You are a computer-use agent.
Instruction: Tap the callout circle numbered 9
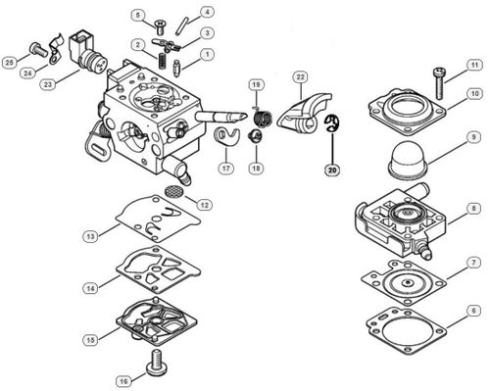click(x=473, y=153)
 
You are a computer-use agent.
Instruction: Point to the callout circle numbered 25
click(x=10, y=63)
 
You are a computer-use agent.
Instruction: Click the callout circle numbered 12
click(x=204, y=205)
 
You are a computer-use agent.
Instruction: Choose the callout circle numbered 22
click(x=301, y=76)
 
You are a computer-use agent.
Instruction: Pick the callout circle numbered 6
click(x=473, y=311)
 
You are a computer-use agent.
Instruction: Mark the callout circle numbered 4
click(x=208, y=13)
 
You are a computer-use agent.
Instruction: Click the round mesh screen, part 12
click(x=174, y=190)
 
